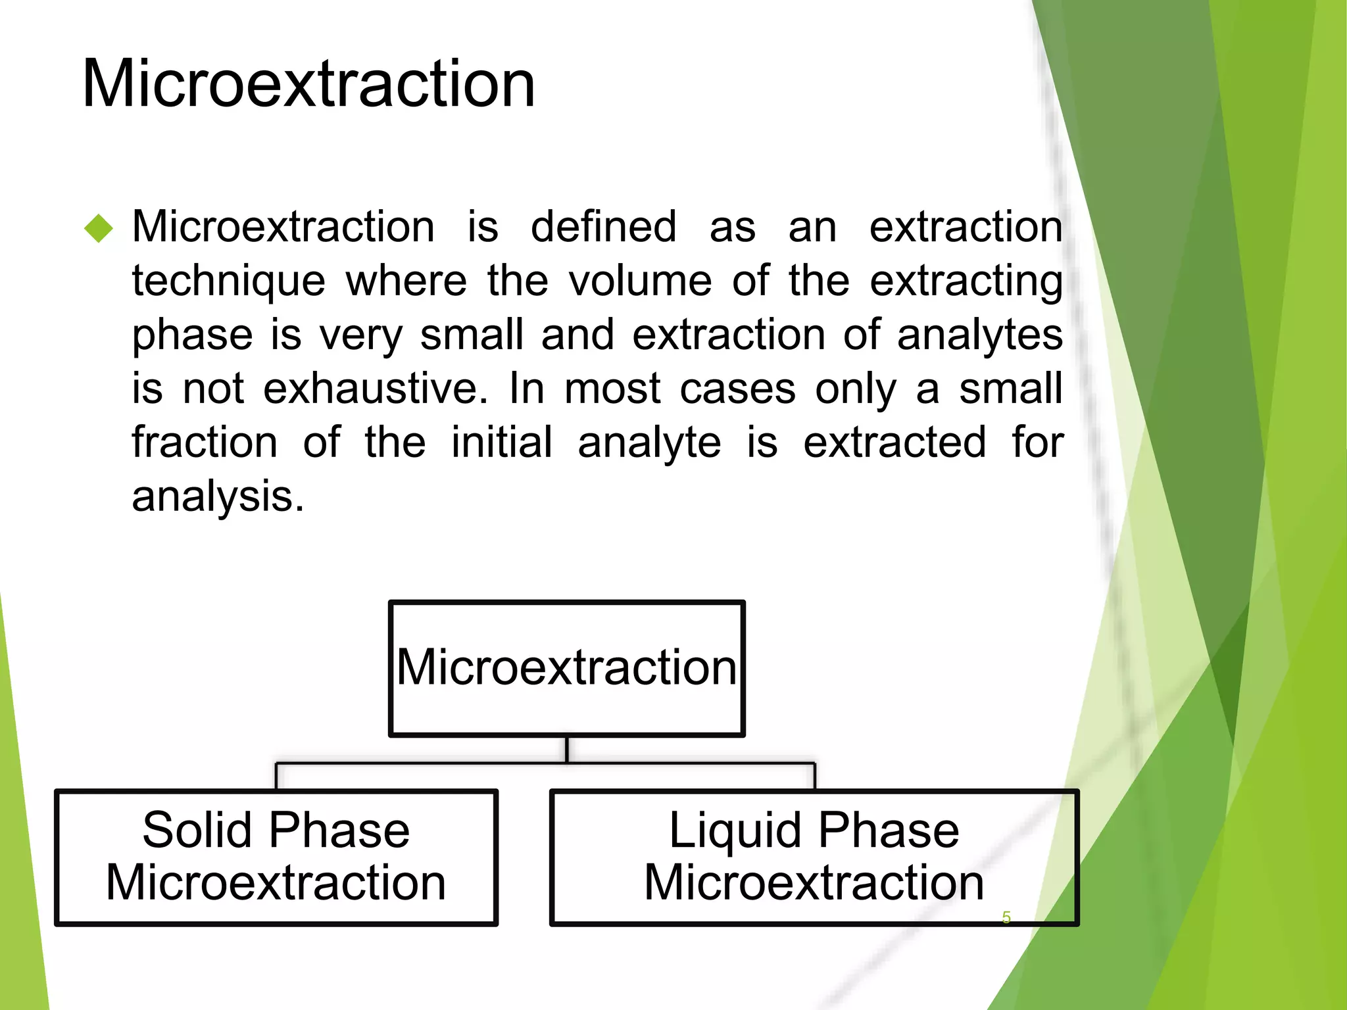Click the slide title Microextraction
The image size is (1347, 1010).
(308, 84)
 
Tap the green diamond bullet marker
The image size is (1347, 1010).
(99, 229)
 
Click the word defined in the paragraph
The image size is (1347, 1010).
(603, 227)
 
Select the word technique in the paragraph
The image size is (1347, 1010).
(228, 281)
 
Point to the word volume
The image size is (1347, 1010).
(640, 281)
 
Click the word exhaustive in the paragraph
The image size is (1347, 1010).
(376, 389)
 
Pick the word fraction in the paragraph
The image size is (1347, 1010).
(205, 442)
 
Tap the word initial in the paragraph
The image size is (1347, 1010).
(501, 442)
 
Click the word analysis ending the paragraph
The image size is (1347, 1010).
(218, 496)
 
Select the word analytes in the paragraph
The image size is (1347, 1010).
(979, 335)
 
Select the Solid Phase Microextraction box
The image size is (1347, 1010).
(276, 857)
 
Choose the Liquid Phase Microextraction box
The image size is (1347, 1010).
(814, 857)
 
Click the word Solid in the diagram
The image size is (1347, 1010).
(197, 830)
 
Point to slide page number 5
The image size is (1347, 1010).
(1006, 917)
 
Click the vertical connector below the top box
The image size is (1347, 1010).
(566, 750)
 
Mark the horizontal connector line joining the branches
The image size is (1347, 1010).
(421, 763)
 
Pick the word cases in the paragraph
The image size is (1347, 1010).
(737, 389)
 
